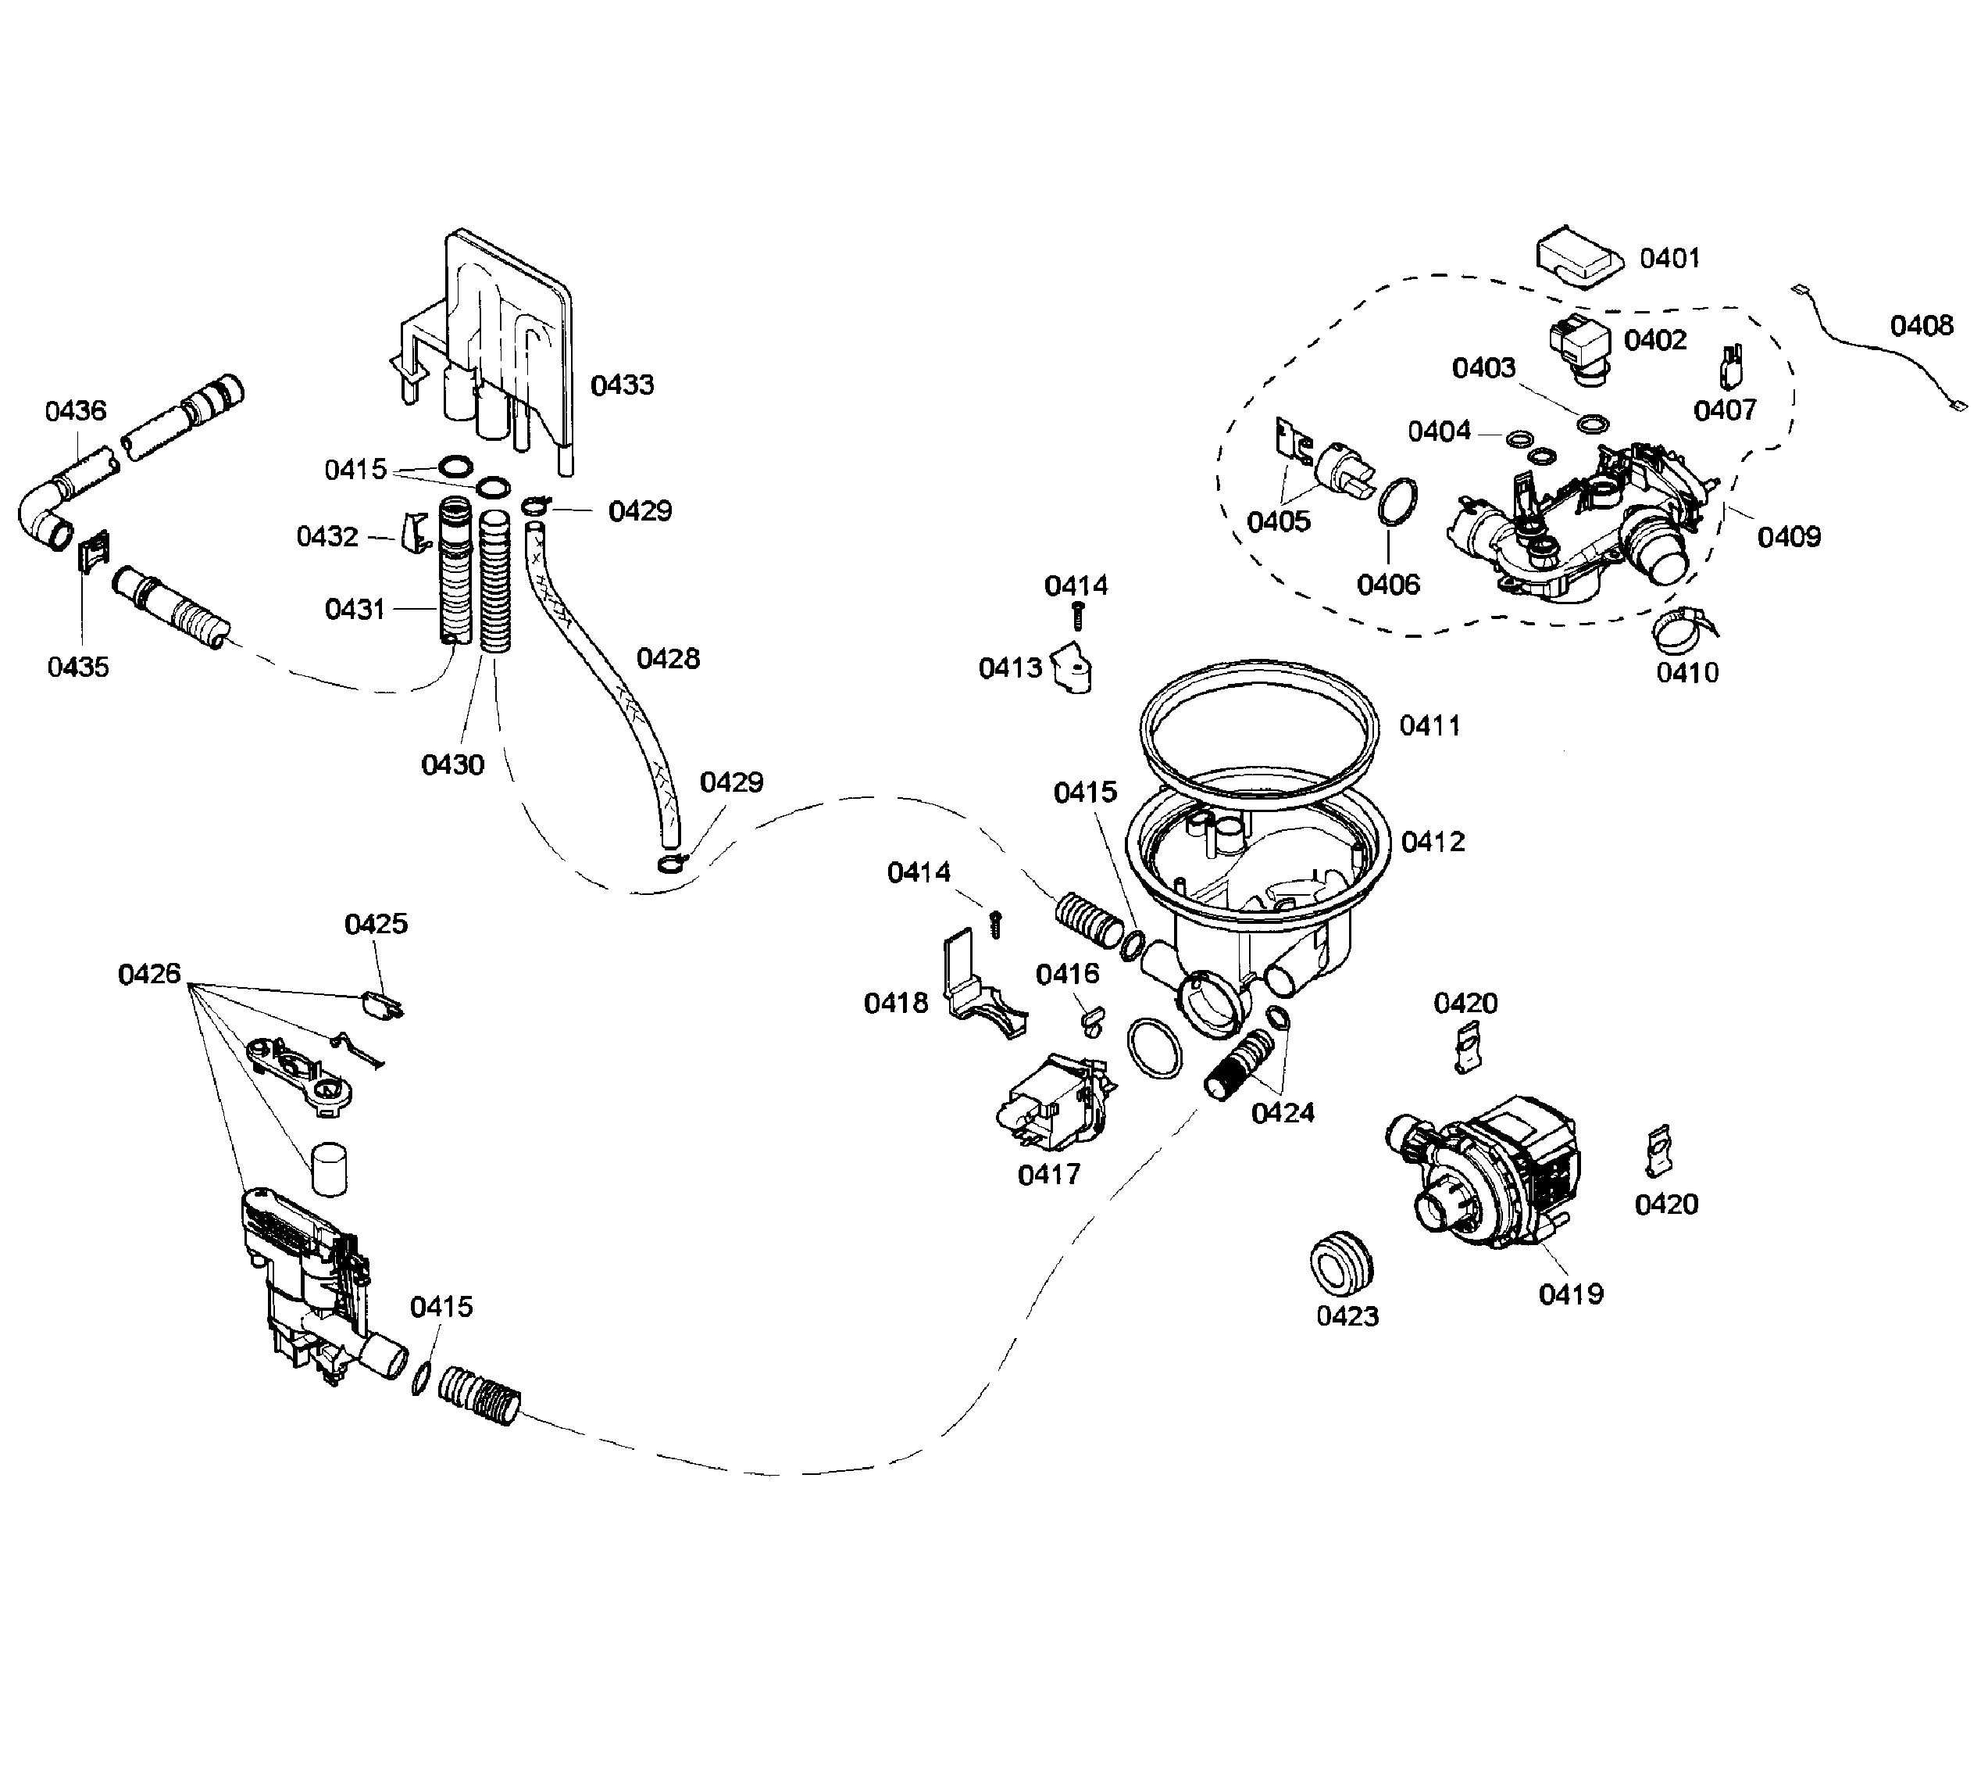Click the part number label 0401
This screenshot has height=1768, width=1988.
coord(1669,258)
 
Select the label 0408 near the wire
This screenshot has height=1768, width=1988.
coord(1921,326)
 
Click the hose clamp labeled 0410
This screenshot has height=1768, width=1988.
coord(1683,631)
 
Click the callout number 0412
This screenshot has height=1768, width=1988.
coord(1433,842)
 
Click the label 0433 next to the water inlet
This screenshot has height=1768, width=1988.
coord(623,385)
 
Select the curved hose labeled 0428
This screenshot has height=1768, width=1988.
coord(603,681)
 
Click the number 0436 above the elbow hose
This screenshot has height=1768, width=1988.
coord(76,410)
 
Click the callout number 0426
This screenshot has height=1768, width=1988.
coord(149,974)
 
